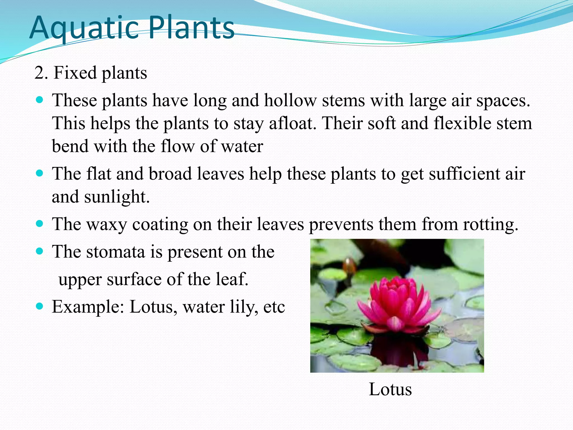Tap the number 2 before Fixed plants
(39, 73)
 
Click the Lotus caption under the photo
(390, 389)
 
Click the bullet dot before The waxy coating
(40, 224)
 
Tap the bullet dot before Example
(40, 306)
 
